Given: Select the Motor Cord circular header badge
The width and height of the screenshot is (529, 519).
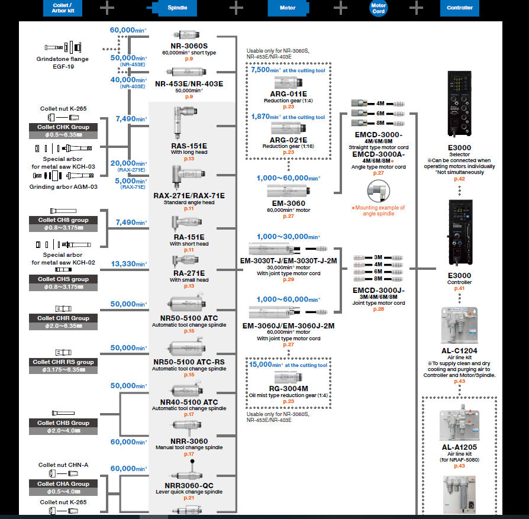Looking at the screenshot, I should [379, 8].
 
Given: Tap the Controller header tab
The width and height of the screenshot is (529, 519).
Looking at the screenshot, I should [460, 8].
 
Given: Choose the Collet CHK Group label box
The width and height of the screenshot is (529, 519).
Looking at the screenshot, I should [63, 127].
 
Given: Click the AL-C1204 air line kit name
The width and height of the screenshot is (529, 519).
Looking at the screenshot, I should [459, 351].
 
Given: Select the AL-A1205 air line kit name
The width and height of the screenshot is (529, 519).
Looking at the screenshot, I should [459, 448].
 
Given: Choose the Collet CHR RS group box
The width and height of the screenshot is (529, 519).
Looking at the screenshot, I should [63, 362].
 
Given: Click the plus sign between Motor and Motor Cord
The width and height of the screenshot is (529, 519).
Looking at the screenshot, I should [340, 8].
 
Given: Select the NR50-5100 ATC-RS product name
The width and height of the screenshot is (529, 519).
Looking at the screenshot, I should [189, 362].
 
